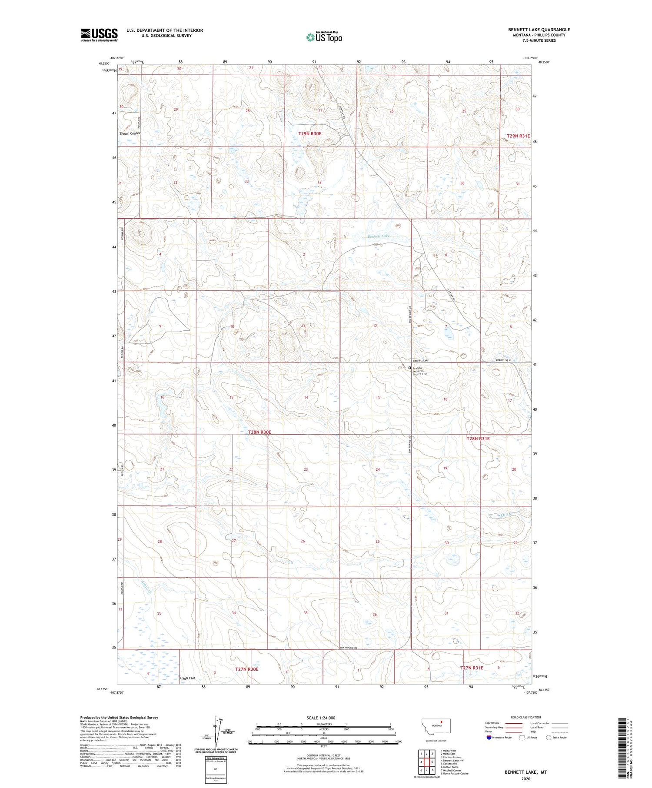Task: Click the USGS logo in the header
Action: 99,35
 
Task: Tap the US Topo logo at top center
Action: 324,37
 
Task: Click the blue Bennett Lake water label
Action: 378,236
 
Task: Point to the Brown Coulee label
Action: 130,133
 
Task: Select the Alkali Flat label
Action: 187,678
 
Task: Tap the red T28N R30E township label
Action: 259,432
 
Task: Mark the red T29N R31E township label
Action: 518,136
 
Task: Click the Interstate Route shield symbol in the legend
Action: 489,737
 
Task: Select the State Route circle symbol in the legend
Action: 549,737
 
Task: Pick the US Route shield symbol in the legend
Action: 522,737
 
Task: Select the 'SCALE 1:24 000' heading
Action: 321,718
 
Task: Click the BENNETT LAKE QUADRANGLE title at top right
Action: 539,30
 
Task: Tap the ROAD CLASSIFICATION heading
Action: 526,717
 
